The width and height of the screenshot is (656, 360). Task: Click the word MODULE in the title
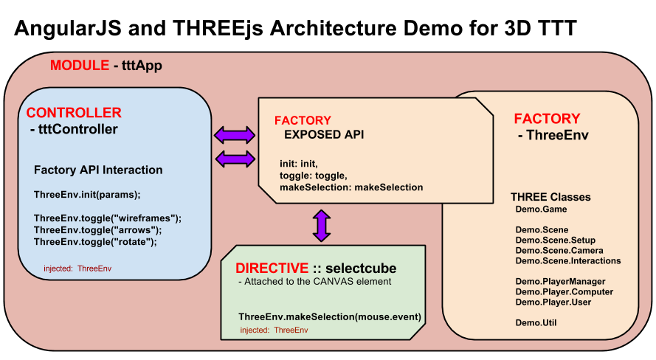click(x=80, y=66)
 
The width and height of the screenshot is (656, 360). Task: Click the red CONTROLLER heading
click(x=74, y=113)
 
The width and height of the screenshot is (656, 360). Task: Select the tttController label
click(x=74, y=130)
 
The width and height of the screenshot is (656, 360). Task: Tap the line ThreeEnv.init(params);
click(x=87, y=195)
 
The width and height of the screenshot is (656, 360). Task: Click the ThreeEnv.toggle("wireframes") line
click(x=108, y=218)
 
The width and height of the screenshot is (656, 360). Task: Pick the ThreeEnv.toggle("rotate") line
click(x=96, y=241)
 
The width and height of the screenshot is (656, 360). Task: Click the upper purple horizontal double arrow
click(x=234, y=135)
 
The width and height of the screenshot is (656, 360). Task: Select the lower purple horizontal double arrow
click(x=234, y=159)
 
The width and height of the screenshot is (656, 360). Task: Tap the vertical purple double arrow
click(x=321, y=225)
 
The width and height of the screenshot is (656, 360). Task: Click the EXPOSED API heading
click(x=324, y=135)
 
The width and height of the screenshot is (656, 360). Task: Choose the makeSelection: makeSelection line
click(x=351, y=187)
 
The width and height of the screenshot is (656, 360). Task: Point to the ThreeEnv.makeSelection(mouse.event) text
click(x=330, y=316)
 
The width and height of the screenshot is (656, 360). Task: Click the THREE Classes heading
click(x=550, y=197)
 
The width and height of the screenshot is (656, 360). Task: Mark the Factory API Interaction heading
click(x=98, y=170)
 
